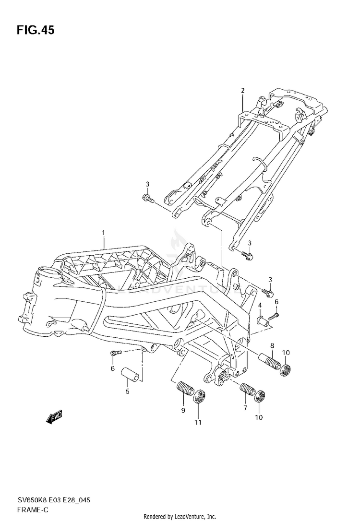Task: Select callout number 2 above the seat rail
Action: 243,91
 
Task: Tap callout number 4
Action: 259,305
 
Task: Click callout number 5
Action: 128,391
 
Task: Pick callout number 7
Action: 244,408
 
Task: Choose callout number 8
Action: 272,345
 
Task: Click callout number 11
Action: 198,422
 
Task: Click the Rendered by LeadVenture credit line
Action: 180,516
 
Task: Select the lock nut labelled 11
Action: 199,398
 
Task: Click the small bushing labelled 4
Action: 263,319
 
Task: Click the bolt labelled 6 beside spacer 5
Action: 116,353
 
